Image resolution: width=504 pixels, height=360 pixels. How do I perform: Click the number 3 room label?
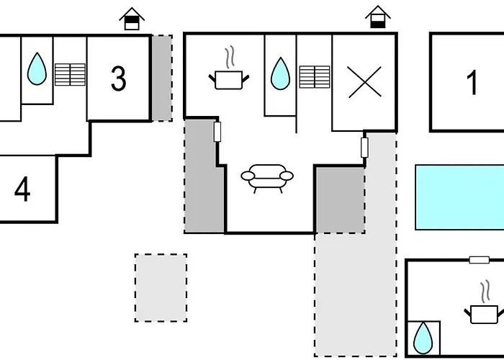click(118, 78)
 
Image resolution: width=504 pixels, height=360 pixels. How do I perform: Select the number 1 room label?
click(472, 83)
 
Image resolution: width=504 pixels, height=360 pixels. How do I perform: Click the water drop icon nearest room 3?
click(37, 68)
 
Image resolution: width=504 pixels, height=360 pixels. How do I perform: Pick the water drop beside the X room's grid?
click(280, 73)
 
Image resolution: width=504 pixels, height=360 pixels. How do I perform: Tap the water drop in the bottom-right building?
click(423, 338)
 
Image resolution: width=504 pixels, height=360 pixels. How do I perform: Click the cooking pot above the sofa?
click(228, 73)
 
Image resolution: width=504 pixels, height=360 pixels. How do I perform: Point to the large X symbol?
click(364, 82)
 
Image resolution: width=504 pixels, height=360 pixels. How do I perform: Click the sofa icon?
click(267, 179)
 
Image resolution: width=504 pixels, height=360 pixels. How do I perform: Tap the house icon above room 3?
click(132, 19)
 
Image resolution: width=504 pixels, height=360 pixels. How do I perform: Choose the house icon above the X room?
click(378, 17)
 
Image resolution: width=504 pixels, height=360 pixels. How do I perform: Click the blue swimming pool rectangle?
click(459, 197)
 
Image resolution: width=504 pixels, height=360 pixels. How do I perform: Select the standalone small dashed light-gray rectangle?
click(161, 288)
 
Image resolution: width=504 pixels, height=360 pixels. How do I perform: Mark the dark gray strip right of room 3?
click(162, 78)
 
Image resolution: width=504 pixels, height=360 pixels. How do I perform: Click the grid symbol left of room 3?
click(70, 75)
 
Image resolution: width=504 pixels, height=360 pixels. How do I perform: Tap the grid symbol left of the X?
click(315, 77)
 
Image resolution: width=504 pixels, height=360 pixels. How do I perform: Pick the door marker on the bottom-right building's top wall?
click(480, 260)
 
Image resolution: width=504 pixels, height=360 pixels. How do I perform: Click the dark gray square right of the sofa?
click(340, 199)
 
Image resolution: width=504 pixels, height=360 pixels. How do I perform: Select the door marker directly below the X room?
click(364, 148)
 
